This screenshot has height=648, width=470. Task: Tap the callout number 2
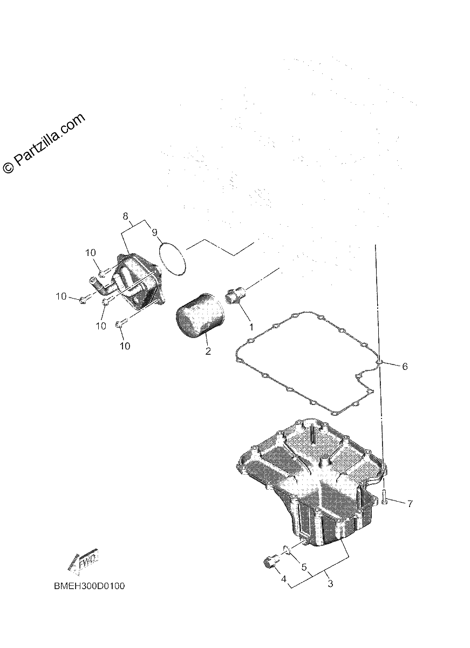coord(208,351)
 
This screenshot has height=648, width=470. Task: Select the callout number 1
coord(251,327)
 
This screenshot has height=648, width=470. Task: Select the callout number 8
coord(125,216)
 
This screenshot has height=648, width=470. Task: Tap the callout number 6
coord(405,367)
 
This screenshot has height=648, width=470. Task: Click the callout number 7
coord(410,504)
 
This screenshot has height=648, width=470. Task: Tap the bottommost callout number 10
coord(125,346)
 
